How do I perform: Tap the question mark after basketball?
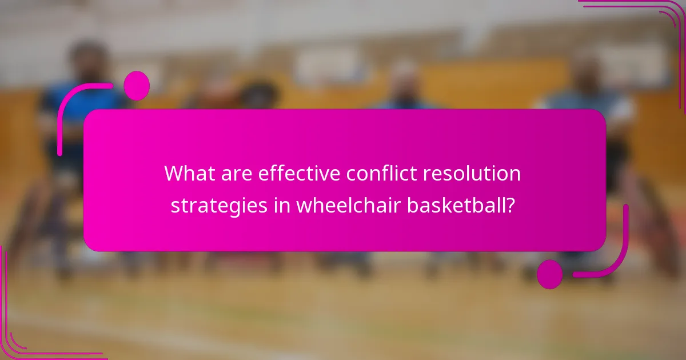point(509,205)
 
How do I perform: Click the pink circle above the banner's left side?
point(137,86)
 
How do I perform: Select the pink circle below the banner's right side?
point(550,274)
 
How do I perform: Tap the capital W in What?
point(173,173)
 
